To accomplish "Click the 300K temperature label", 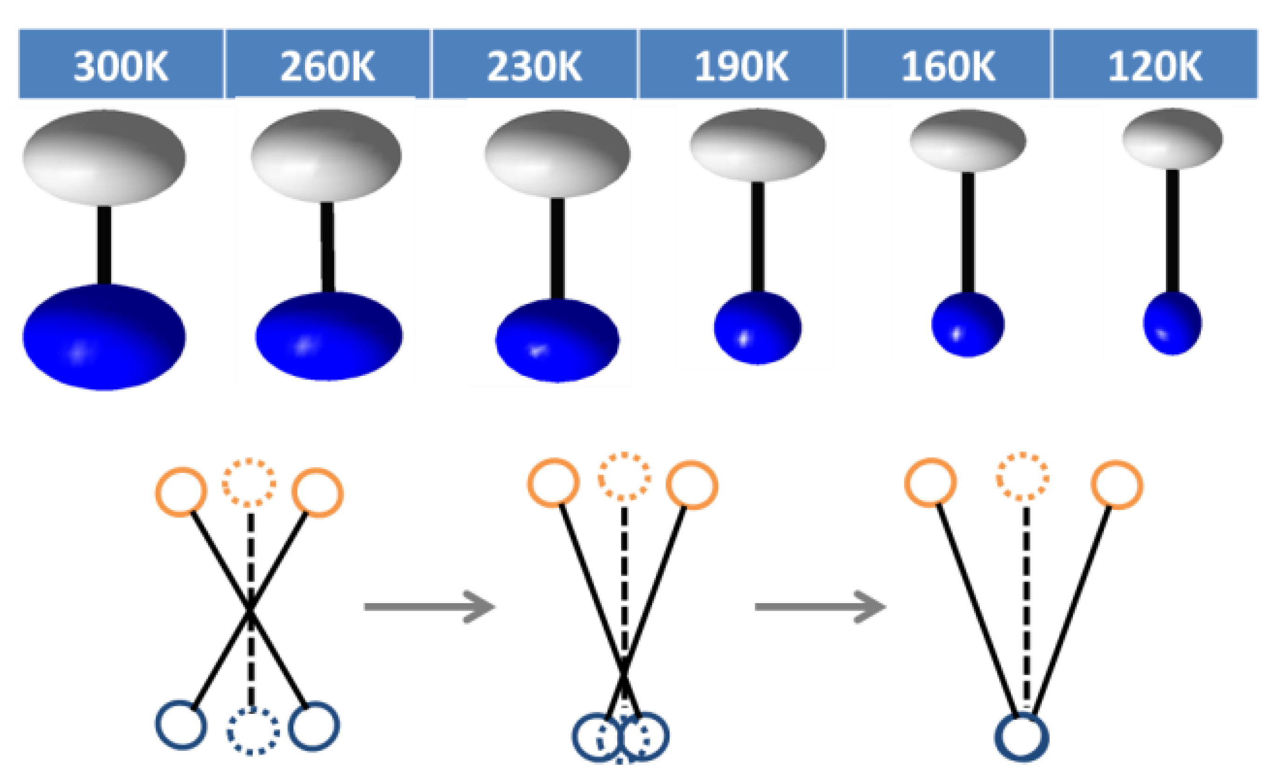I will pos(121,66).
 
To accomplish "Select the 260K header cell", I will pos(328,66).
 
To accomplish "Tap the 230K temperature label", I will pos(534,66).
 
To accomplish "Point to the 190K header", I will pos(741,66).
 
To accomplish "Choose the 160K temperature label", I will pos(948,66).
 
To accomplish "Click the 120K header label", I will pos(1155,66).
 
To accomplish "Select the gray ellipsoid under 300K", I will pos(104,157).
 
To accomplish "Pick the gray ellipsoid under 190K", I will pos(758,145).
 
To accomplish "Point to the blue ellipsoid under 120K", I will pos(1172,323).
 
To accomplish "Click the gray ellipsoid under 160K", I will pos(968,140).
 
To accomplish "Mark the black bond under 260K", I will pos(327,247).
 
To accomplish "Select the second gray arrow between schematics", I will pos(820,607).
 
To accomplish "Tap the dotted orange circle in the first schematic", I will pos(249,483).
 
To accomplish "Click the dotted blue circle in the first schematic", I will pos(253,731).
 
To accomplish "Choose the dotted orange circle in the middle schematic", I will pos(625,477).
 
